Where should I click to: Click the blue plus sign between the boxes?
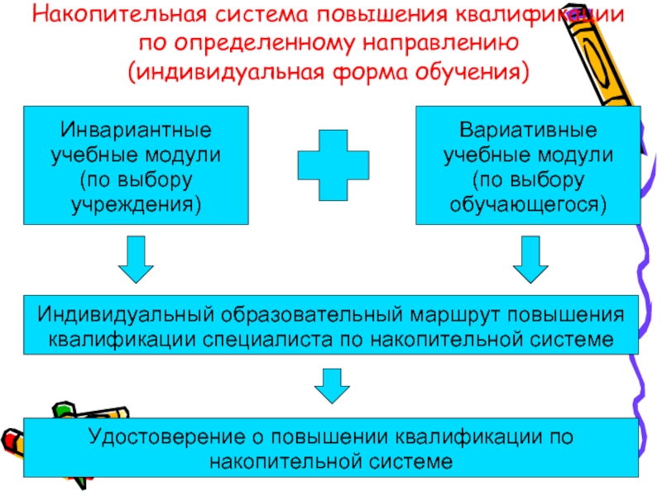[x=333, y=165]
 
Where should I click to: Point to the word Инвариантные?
[x=136, y=130]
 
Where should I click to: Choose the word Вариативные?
[x=528, y=130]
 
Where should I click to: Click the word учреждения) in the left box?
[x=136, y=204]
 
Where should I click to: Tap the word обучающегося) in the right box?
[x=528, y=204]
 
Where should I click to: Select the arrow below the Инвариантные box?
[x=136, y=260]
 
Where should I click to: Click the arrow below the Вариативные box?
[x=530, y=260]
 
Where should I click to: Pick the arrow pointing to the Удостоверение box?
[x=332, y=386]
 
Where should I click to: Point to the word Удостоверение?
[x=167, y=437]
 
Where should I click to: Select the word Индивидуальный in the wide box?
[x=126, y=315]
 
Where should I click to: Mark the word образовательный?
[x=312, y=315]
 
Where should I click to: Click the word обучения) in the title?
[x=472, y=72]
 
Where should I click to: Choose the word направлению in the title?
[x=440, y=43]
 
